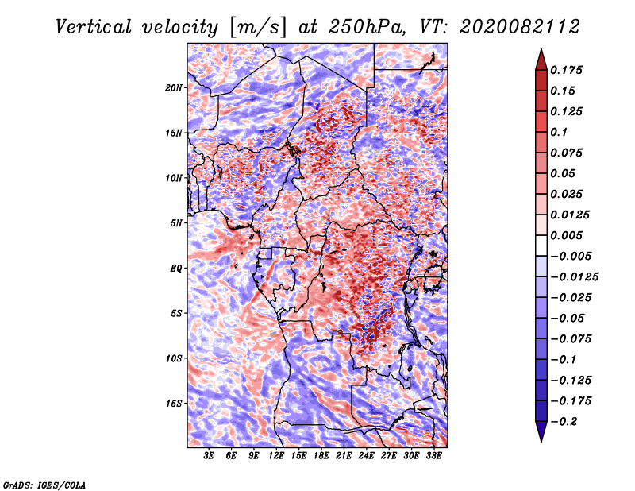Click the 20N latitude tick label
[x=174, y=88]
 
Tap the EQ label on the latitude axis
[x=175, y=269]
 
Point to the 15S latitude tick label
[x=174, y=404]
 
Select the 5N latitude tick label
[x=176, y=223]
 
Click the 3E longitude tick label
[x=209, y=455]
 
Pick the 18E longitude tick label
[x=321, y=455]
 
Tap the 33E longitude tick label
[x=433, y=455]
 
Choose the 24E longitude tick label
[x=366, y=455]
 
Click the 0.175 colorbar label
[x=566, y=70]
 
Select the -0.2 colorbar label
[x=564, y=422]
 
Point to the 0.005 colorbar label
[x=566, y=235]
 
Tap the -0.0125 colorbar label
[x=574, y=277]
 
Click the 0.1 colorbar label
[x=559, y=132]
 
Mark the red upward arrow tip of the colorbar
[x=541, y=50]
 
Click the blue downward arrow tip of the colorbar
[x=541, y=441]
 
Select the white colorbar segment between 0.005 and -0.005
[x=541, y=246]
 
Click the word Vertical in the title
[x=94, y=27]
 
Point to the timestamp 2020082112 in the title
[x=519, y=27]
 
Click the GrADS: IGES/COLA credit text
[x=44, y=485]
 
